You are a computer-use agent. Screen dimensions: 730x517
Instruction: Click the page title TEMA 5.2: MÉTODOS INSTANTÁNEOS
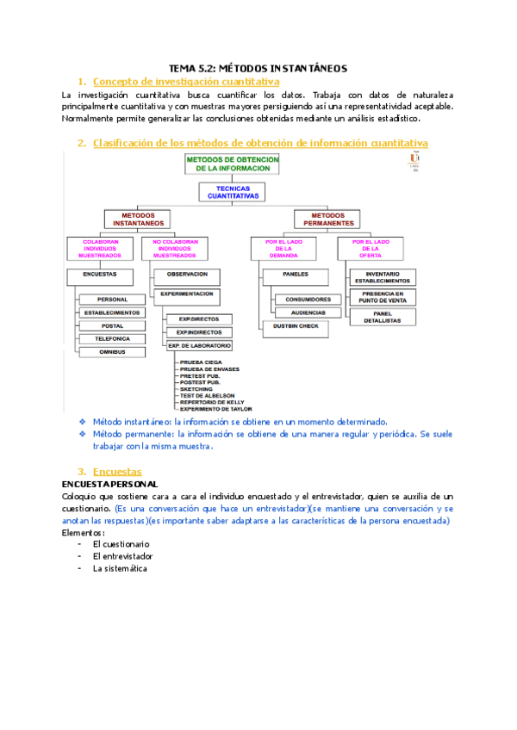[x=258, y=67]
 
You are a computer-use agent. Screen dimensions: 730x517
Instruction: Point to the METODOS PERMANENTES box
[x=333, y=219]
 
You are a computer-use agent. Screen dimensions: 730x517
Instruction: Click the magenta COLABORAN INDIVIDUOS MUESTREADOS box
[x=99, y=249]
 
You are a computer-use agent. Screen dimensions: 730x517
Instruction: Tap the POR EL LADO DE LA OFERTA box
[x=377, y=249]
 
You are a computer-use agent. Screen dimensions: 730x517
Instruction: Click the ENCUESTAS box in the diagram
[x=99, y=275]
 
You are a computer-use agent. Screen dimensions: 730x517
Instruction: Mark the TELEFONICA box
[x=111, y=339]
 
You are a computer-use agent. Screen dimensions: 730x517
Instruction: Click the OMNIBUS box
[x=111, y=352]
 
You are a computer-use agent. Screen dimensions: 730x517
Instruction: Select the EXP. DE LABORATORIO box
[x=199, y=346]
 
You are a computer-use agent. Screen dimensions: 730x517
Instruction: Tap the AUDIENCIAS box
[x=307, y=312]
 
